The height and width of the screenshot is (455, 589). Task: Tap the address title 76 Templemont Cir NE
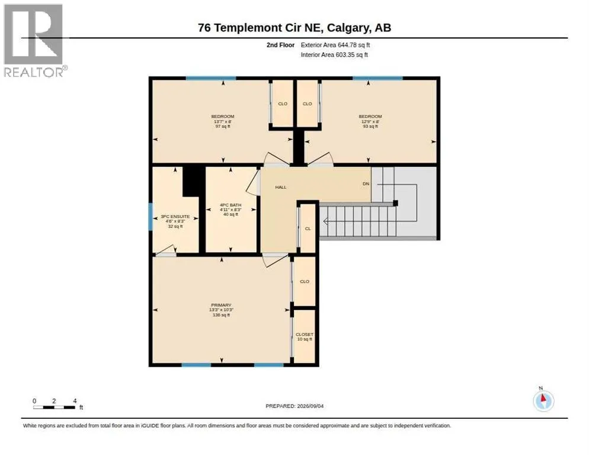(x=260, y=28)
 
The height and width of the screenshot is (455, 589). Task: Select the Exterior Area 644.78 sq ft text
(x=335, y=45)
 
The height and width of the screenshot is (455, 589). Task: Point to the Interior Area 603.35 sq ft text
(x=334, y=55)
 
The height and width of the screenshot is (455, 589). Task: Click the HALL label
(x=281, y=187)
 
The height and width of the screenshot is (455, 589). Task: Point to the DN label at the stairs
(x=366, y=184)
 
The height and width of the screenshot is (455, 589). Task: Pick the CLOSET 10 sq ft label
(x=304, y=337)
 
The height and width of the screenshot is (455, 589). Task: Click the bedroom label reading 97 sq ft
(x=222, y=121)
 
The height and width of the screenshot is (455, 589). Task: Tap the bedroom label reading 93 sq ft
(x=370, y=121)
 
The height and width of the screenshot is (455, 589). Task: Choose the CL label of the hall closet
(x=308, y=229)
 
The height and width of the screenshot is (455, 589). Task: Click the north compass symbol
(x=543, y=400)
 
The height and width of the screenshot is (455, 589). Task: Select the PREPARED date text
(x=294, y=406)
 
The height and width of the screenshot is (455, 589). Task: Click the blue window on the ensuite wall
(x=151, y=217)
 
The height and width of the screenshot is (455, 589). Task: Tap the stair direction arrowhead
(x=326, y=222)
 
